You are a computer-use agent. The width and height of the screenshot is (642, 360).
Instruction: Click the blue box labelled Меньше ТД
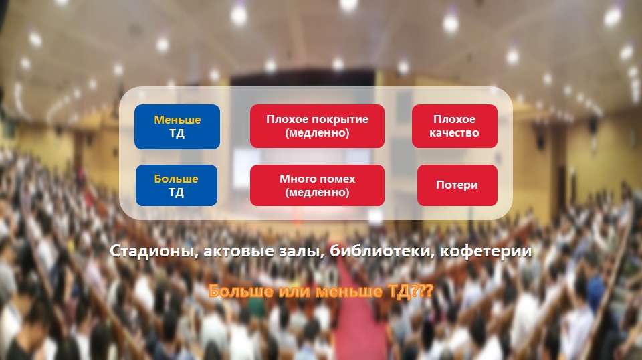(177, 126)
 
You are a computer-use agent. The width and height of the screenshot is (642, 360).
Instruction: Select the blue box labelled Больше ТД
(177, 185)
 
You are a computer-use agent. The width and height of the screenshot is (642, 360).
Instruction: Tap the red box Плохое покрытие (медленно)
(317, 126)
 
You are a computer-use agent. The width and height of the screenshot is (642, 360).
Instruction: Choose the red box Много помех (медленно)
(317, 185)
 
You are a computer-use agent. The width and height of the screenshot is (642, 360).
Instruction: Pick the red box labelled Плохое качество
(455, 126)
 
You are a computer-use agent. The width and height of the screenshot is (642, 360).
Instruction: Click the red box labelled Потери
(457, 185)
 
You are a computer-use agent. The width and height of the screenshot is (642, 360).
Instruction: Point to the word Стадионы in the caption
(154, 251)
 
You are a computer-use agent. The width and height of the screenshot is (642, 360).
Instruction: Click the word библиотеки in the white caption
(382, 251)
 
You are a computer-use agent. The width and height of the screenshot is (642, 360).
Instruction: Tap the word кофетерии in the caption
(486, 251)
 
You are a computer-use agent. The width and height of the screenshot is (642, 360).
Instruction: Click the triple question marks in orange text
(421, 291)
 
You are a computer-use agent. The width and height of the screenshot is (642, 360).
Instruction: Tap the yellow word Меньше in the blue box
(177, 120)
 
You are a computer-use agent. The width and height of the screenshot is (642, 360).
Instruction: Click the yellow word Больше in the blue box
(176, 179)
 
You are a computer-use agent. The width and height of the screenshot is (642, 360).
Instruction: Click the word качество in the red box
(455, 133)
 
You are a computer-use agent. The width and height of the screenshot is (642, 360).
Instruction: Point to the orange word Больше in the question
(241, 291)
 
